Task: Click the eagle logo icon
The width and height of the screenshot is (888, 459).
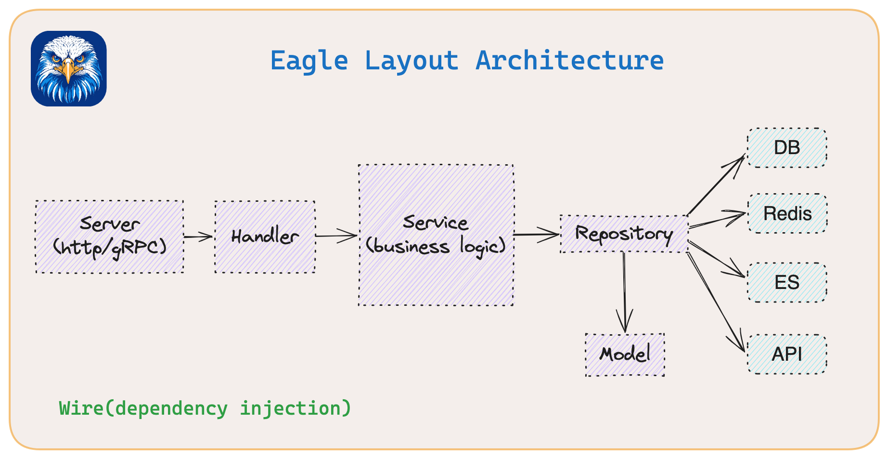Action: click(69, 69)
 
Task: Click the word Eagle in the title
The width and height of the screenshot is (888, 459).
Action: click(309, 61)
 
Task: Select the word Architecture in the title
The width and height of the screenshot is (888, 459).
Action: click(569, 61)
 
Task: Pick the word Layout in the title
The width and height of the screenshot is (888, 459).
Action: click(411, 61)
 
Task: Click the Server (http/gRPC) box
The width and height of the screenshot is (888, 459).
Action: click(110, 236)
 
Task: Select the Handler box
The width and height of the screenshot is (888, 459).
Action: click(265, 236)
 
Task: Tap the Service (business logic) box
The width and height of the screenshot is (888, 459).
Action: click(436, 235)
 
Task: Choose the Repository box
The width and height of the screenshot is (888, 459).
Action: click(624, 234)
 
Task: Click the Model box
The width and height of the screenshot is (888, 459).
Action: click(625, 354)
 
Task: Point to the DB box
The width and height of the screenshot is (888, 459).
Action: click(787, 148)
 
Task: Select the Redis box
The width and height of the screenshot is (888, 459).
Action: click(787, 213)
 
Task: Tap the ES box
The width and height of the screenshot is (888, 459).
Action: click(787, 282)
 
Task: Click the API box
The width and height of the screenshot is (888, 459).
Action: click(787, 354)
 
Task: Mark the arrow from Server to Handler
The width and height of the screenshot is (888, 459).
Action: click(198, 236)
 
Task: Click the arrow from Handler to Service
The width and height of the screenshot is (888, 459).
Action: click(336, 236)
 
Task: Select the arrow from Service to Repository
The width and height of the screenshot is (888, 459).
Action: click(536, 235)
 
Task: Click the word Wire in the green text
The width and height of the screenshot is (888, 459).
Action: click(81, 408)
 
